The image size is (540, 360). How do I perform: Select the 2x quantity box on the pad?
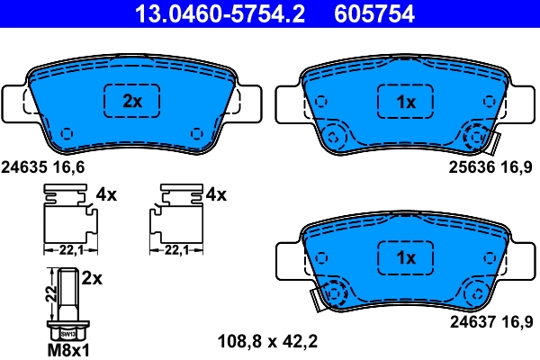[132, 102]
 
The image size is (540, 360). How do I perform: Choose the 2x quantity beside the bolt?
[92, 279]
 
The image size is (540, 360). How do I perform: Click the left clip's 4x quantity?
[106, 193]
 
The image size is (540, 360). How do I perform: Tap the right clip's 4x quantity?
[216, 193]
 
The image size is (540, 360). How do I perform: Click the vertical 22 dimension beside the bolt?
[48, 290]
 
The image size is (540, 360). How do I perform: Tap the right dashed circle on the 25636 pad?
[478, 139]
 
